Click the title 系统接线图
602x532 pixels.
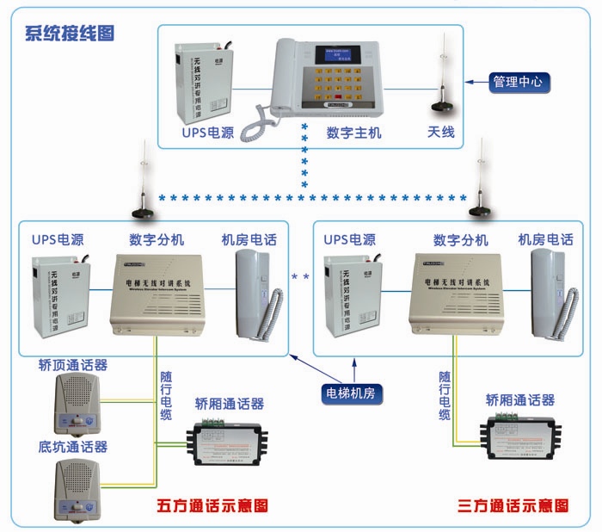(x=70, y=34)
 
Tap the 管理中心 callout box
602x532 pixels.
(x=518, y=83)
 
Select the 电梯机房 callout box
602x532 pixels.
(x=353, y=393)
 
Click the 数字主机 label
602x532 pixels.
(x=353, y=133)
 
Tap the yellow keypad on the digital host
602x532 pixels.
(x=344, y=85)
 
